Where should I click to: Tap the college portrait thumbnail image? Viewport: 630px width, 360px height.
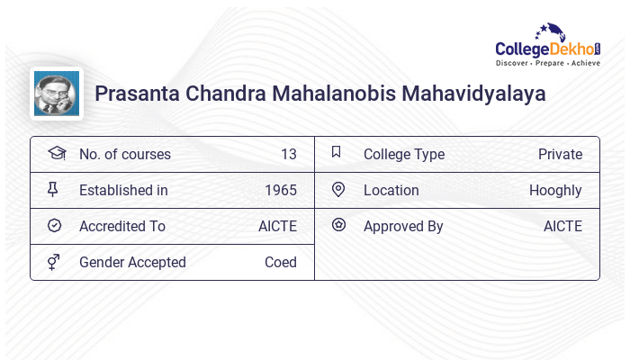click(x=56, y=94)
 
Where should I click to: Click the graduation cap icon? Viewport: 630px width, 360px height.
click(x=56, y=154)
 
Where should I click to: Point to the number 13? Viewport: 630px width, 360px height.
click(x=288, y=154)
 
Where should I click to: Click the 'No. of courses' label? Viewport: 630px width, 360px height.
click(x=124, y=154)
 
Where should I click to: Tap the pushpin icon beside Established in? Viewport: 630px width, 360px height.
click(x=55, y=190)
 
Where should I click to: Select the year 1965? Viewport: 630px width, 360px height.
click(x=281, y=190)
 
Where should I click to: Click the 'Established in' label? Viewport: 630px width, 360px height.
click(x=123, y=190)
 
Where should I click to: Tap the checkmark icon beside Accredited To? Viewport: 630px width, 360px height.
click(x=55, y=226)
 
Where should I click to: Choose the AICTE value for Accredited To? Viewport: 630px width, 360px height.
click(x=277, y=226)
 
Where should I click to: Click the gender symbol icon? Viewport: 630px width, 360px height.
click(x=55, y=262)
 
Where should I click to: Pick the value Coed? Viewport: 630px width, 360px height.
click(x=280, y=262)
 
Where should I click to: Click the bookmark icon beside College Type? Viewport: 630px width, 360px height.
click(x=337, y=153)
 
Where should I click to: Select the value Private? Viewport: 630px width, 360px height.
click(x=560, y=154)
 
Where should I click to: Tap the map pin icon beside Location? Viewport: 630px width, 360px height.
click(x=338, y=190)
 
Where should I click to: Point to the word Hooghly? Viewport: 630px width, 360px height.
click(x=555, y=190)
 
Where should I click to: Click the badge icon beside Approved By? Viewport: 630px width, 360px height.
click(x=338, y=226)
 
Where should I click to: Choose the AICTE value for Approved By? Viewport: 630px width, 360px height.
click(x=562, y=226)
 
